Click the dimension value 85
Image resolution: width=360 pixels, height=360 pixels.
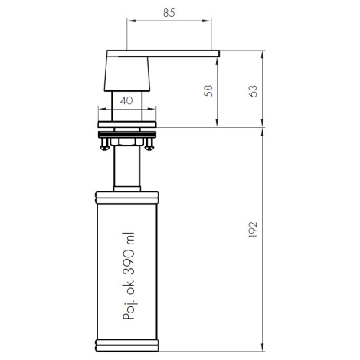click(169, 13)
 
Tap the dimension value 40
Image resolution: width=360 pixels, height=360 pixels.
click(126, 100)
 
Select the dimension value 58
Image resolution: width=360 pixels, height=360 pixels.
click(208, 91)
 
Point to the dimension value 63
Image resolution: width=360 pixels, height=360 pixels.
click(253, 91)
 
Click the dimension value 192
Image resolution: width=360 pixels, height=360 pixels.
click(253, 230)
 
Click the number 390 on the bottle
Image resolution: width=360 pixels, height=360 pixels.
click(129, 262)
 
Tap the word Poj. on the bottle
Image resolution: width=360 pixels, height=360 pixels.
click(129, 311)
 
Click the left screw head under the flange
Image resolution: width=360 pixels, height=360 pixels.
click(104, 147)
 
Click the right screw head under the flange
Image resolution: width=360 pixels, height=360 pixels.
click(149, 147)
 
